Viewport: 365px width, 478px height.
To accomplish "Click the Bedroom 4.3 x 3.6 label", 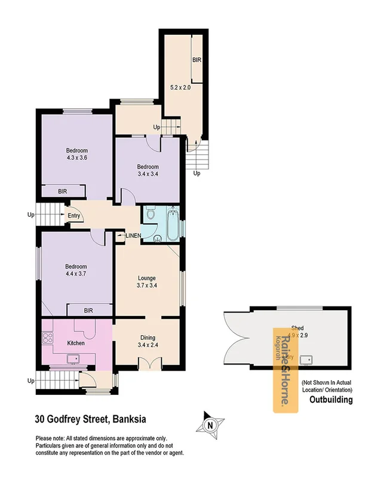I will click(x=76, y=154).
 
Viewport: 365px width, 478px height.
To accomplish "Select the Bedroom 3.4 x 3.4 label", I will click(x=147, y=170).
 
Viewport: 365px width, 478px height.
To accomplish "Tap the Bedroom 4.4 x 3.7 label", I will click(x=76, y=271).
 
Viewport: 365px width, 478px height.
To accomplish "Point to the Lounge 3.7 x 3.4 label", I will click(x=147, y=282).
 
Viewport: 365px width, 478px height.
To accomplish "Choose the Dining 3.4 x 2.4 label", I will click(x=147, y=341).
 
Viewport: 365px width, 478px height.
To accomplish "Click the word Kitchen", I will click(x=76, y=344).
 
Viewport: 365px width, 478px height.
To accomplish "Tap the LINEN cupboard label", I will click(x=133, y=236).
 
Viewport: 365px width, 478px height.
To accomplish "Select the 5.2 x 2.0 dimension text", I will click(x=180, y=88).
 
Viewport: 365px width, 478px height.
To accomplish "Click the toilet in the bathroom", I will click(x=151, y=214).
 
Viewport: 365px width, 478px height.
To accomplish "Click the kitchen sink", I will click(x=75, y=358).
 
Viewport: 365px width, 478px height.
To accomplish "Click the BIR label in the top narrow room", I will click(x=197, y=60).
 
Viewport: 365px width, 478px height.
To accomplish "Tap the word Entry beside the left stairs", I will click(x=73, y=216).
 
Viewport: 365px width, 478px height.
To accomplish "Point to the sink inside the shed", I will click(x=307, y=360).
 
